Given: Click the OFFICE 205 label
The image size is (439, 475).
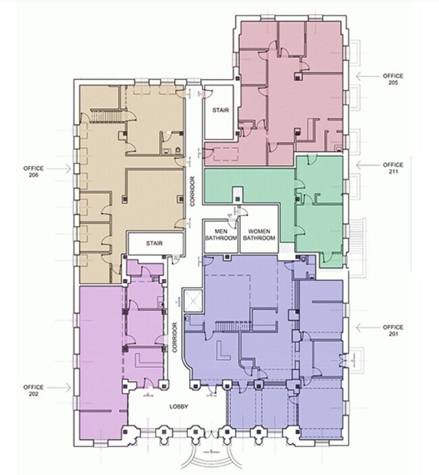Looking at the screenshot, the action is pyautogui.click(x=393, y=79).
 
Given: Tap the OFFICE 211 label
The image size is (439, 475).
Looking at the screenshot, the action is pyautogui.click(x=393, y=168).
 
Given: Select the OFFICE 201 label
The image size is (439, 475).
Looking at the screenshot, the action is pyautogui.click(x=393, y=330).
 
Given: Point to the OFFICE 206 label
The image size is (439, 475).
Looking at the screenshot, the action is pyautogui.click(x=34, y=172).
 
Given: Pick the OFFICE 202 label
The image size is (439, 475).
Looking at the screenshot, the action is pyautogui.click(x=34, y=391).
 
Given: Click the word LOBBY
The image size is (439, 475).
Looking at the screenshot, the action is pyautogui.click(x=178, y=407).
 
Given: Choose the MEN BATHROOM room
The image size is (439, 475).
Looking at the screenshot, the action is pyautogui.click(x=221, y=236).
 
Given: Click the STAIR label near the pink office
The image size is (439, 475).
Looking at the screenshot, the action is pyautogui.click(x=221, y=110).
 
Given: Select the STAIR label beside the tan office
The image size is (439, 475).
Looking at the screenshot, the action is pyautogui.click(x=155, y=243).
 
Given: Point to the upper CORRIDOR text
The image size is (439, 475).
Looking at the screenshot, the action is pyautogui.click(x=192, y=191).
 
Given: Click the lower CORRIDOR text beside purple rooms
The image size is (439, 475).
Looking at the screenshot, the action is pyautogui.click(x=175, y=337).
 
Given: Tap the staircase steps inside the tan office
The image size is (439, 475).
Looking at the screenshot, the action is pyautogui.click(x=105, y=115).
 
